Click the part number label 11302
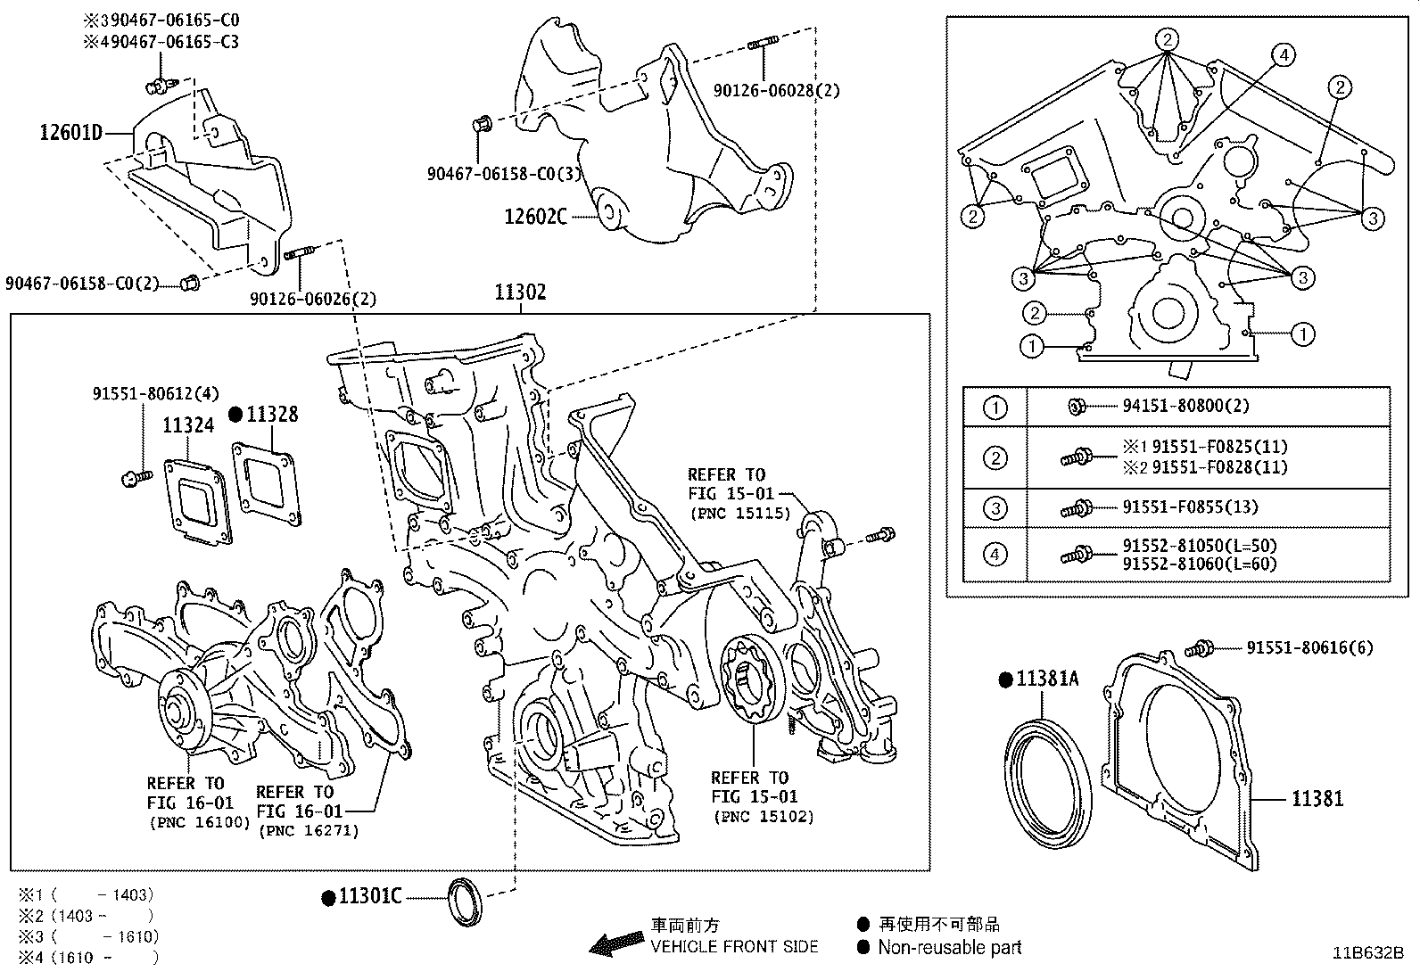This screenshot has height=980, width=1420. [521, 292]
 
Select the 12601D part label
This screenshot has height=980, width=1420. [70, 134]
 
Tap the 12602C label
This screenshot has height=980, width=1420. [535, 216]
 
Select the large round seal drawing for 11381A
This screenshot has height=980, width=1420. [1048, 780]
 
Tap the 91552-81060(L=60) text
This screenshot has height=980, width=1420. [1199, 564]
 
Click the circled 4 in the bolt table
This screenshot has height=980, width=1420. [995, 555]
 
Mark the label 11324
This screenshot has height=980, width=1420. [188, 425]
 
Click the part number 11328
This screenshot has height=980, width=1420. [272, 415]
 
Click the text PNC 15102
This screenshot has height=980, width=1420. [763, 816]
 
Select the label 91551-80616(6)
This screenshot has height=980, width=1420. [1309, 648]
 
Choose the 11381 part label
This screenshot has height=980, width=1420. [1317, 799]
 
